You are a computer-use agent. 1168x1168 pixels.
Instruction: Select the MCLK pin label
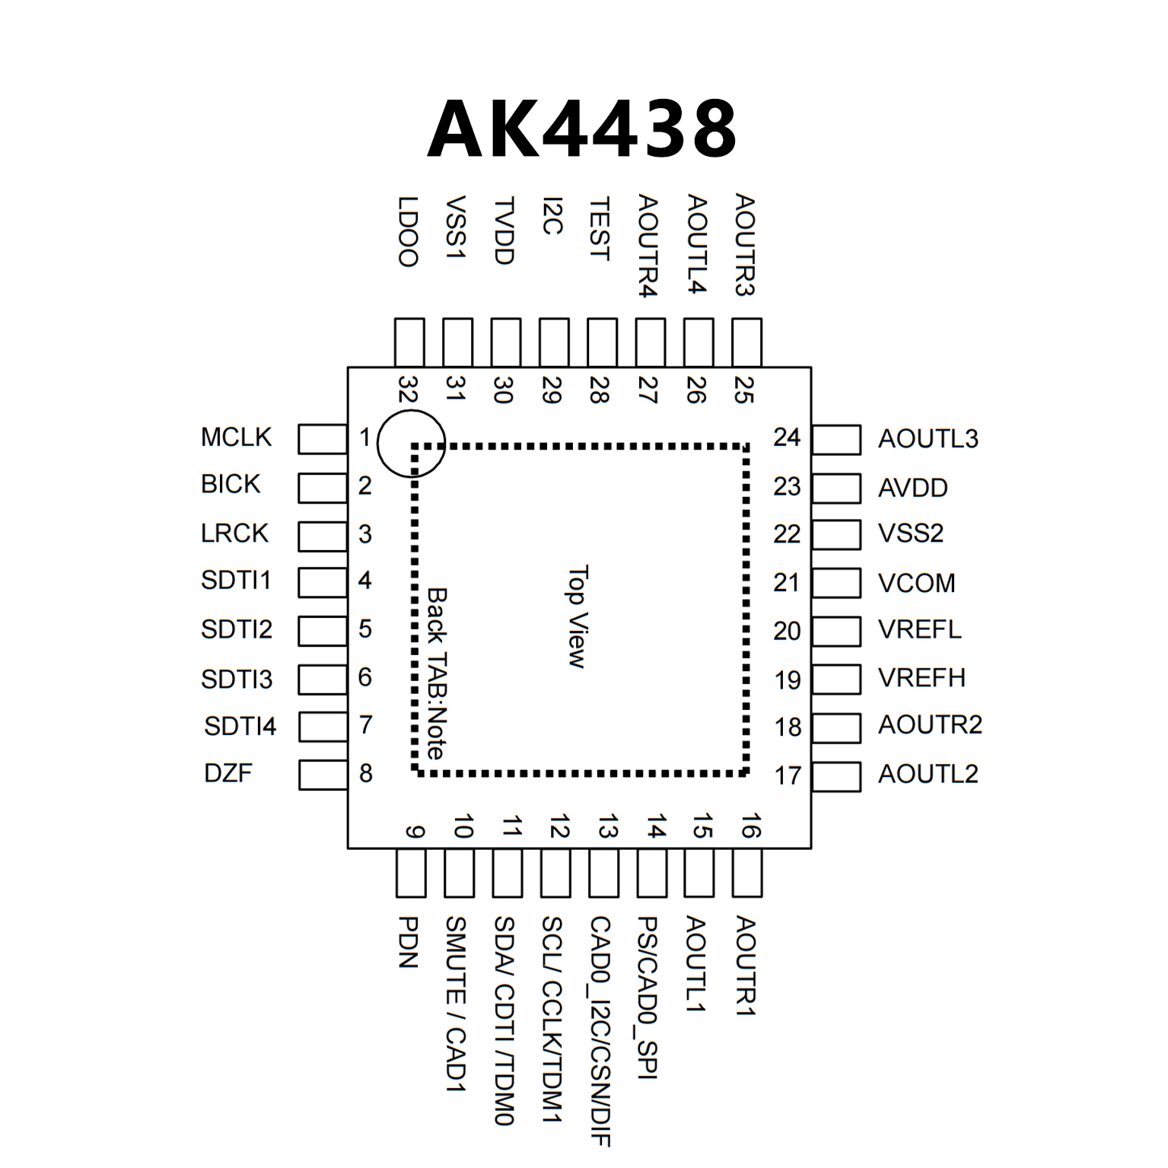(236, 438)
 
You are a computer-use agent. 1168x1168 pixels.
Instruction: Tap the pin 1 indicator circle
(411, 443)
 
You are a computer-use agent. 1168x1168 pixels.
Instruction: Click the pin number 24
(787, 438)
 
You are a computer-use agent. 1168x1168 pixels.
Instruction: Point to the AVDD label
(912, 488)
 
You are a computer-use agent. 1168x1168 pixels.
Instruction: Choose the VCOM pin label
(916, 583)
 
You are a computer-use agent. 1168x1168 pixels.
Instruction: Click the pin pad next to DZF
(323, 775)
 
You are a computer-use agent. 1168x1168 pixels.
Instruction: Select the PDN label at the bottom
(409, 942)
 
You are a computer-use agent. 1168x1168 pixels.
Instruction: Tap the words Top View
(578, 616)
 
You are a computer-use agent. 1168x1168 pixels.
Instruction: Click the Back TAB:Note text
(437, 673)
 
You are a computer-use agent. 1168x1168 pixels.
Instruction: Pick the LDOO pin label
(409, 231)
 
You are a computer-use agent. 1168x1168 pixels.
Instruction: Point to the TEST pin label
(600, 228)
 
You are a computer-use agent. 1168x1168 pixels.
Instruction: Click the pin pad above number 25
(746, 342)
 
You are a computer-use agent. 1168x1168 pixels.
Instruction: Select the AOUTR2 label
(930, 725)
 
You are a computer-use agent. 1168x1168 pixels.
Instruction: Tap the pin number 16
(750, 826)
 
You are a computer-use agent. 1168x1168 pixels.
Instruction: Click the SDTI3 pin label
(236, 679)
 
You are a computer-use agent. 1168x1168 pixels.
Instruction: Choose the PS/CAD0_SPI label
(648, 997)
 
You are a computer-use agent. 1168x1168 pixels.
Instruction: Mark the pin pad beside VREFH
(836, 679)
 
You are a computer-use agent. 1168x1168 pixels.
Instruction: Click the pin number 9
(414, 832)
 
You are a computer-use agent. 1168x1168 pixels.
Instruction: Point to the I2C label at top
(552, 216)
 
